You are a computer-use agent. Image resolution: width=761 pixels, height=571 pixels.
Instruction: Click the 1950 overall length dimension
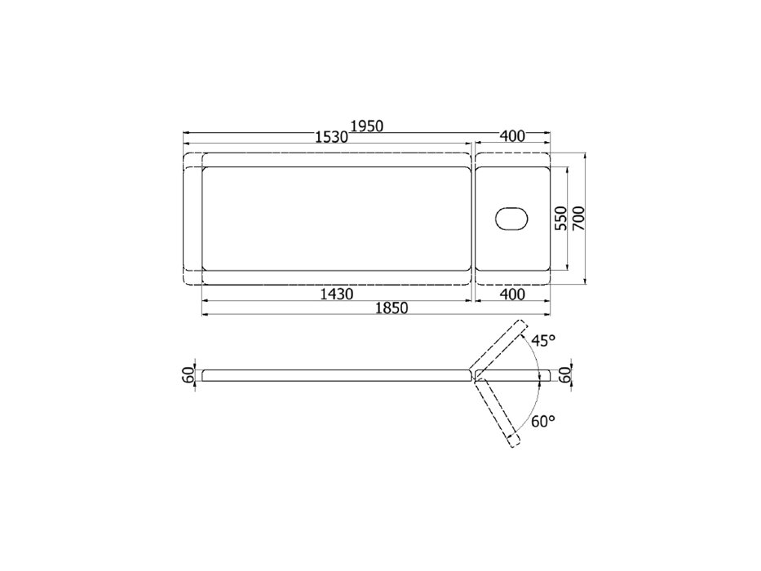367,126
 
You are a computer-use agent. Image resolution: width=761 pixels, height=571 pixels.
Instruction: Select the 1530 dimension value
332,137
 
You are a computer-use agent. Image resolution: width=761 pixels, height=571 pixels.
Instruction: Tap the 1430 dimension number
337,294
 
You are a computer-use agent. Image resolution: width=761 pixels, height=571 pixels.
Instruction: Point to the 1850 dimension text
392,308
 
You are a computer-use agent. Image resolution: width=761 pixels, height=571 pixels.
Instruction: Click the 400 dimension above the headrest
512,136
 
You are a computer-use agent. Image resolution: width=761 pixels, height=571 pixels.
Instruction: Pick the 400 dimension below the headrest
512,294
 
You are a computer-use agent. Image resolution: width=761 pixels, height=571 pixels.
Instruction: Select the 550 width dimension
560,218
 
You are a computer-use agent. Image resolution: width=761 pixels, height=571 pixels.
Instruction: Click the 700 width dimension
578,218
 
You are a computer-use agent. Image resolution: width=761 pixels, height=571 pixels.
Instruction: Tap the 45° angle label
543,341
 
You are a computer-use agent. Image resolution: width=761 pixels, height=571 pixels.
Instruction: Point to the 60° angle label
543,422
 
